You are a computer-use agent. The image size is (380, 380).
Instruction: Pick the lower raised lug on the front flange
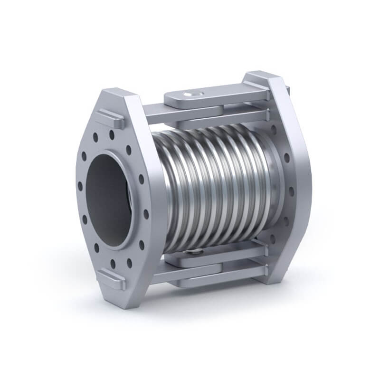click(111, 279)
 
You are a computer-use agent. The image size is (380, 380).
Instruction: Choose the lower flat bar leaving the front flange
click(157, 275)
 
